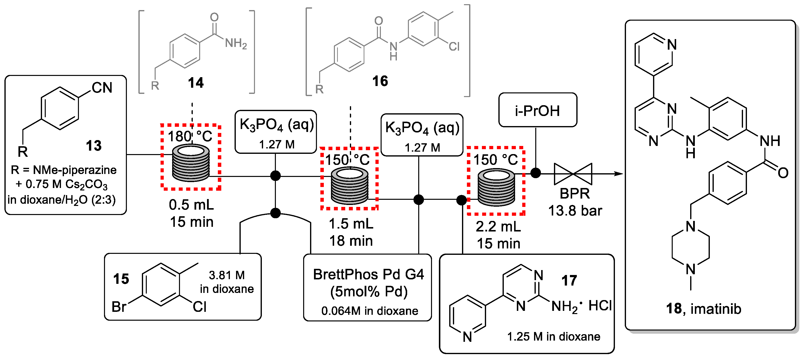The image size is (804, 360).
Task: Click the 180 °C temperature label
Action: pyautogui.click(x=190, y=136)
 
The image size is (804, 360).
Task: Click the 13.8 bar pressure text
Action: pyautogui.click(x=575, y=211)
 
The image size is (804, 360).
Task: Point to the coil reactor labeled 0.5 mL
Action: pyautogui.click(x=191, y=163)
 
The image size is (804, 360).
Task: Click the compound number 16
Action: pyautogui.click(x=380, y=81)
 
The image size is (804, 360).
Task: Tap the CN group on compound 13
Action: pyautogui.click(x=102, y=88)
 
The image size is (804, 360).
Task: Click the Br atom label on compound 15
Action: pyautogui.click(x=119, y=307)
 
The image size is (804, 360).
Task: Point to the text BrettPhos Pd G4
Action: pyautogui.click(x=368, y=274)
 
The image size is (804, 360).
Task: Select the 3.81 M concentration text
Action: pyautogui.click(x=227, y=275)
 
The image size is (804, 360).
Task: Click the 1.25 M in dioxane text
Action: pyautogui.click(x=553, y=336)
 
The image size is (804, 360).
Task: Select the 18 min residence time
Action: pyautogui.click(x=351, y=241)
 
